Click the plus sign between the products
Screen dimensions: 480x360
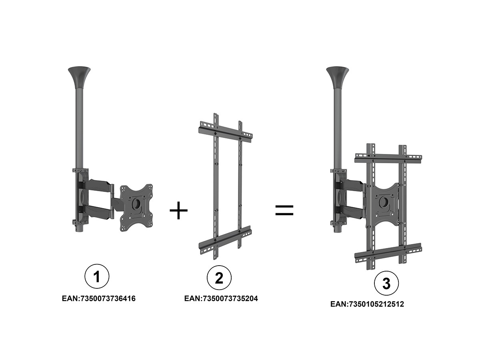pyautogui.click(x=178, y=210)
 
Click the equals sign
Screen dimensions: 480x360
pyautogui.click(x=284, y=210)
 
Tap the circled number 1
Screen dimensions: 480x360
pyautogui.click(x=97, y=276)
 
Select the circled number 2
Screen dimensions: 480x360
pyautogui.click(x=219, y=278)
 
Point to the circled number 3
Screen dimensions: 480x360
pyautogui.click(x=386, y=283)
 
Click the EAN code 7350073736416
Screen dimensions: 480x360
pyautogui.click(x=99, y=298)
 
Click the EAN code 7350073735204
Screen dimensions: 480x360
pyautogui.click(x=221, y=298)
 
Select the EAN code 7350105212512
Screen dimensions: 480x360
pyautogui.click(x=367, y=304)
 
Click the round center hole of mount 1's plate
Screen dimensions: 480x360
pyautogui.click(x=136, y=203)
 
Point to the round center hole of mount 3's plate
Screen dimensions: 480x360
pyautogui.click(x=384, y=202)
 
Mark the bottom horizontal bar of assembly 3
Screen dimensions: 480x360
pyautogui.click(x=388, y=253)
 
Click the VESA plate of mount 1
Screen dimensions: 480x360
pyautogui.click(x=136, y=208)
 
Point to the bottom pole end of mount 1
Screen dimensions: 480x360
pyautogui.click(x=79, y=229)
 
